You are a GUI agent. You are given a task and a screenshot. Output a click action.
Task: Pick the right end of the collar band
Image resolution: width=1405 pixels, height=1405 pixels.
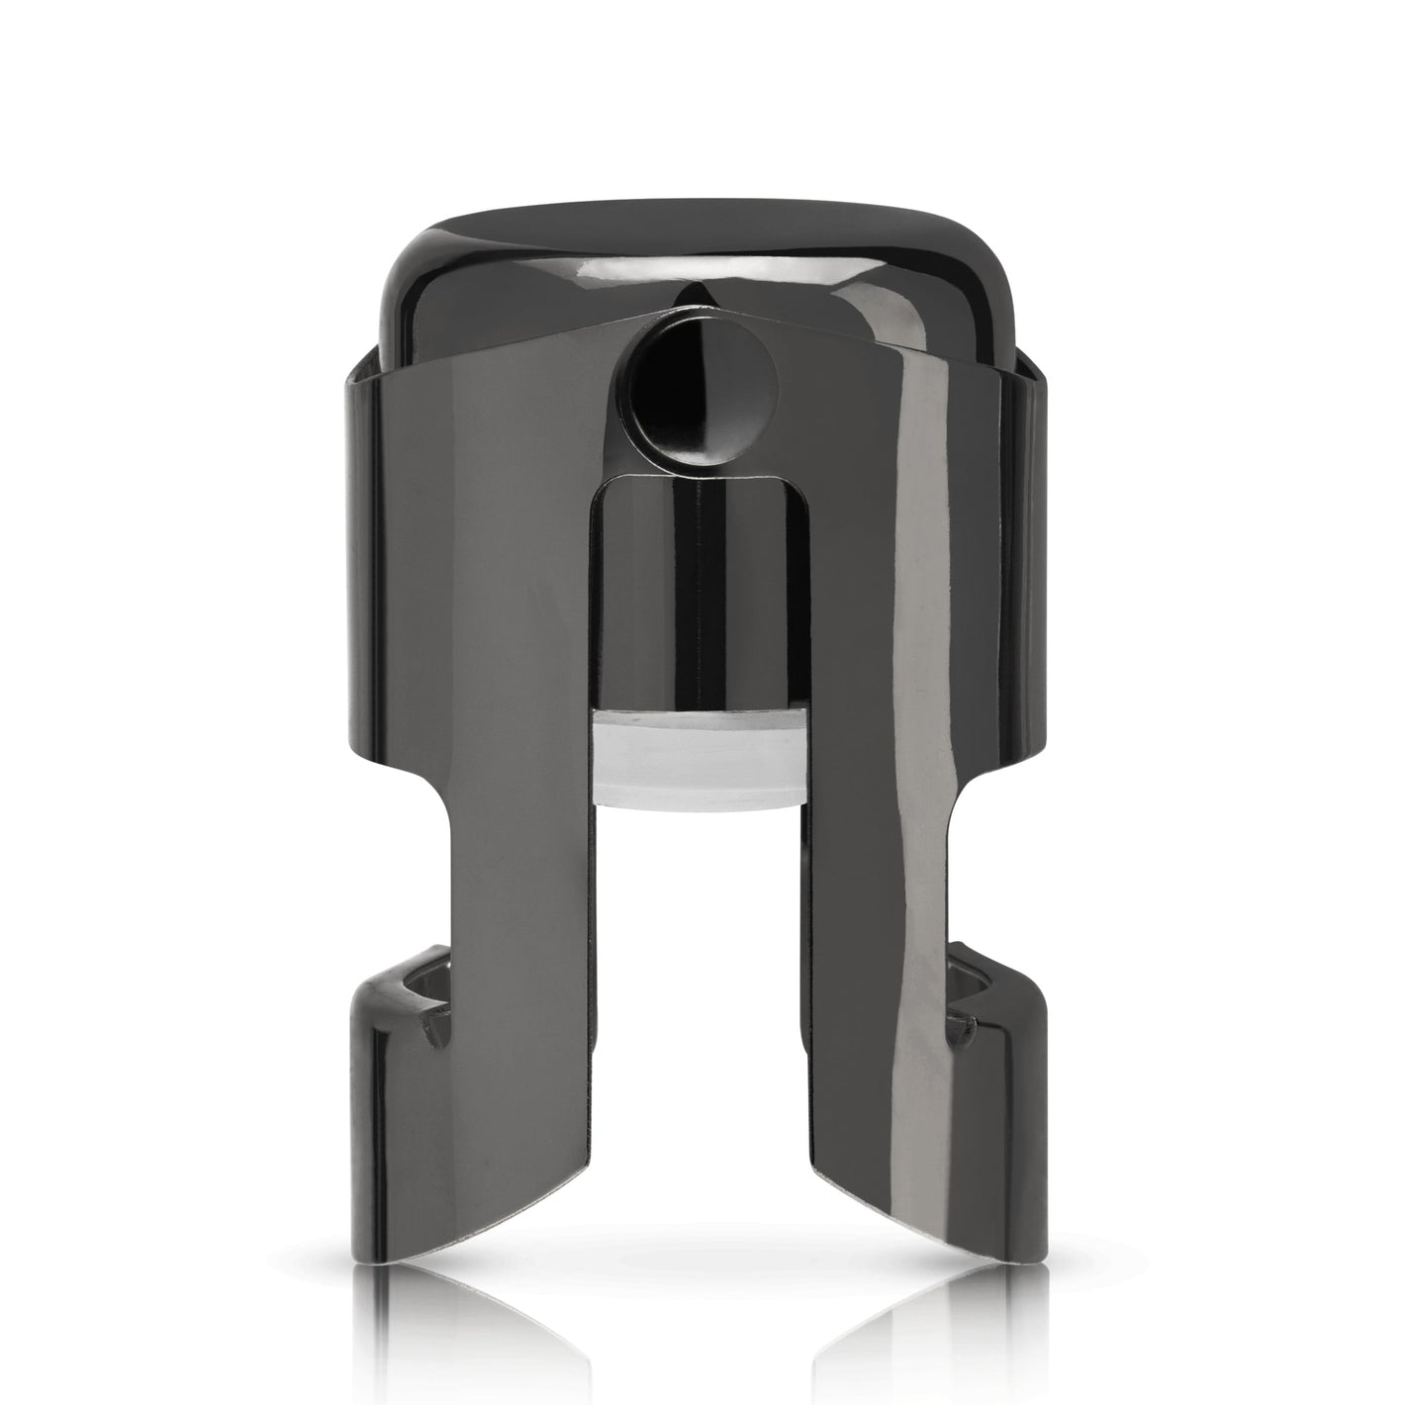pos(1034,594)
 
